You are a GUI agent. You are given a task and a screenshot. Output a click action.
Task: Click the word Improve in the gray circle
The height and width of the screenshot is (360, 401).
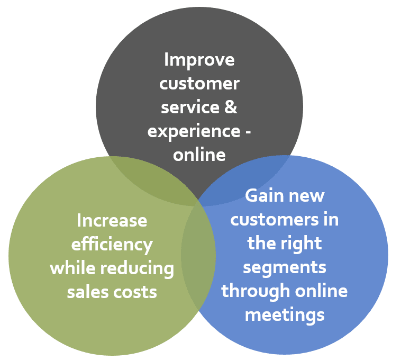[x=199, y=59]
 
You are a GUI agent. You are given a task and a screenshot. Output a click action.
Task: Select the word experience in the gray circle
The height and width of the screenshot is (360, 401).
[x=193, y=131]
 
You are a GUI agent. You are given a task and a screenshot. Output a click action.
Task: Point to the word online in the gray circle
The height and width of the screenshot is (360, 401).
[x=199, y=155]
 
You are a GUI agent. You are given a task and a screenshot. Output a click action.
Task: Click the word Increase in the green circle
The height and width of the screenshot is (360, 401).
[x=112, y=220]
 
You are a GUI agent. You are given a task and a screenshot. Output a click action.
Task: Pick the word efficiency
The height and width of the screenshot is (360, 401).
[x=112, y=245]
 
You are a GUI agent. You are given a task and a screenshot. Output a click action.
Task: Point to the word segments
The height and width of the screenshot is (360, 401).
[x=284, y=267]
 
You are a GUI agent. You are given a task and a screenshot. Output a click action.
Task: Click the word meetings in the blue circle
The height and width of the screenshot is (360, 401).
[x=284, y=315]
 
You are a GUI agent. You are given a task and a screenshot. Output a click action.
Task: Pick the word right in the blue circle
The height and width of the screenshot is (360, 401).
[x=302, y=244]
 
